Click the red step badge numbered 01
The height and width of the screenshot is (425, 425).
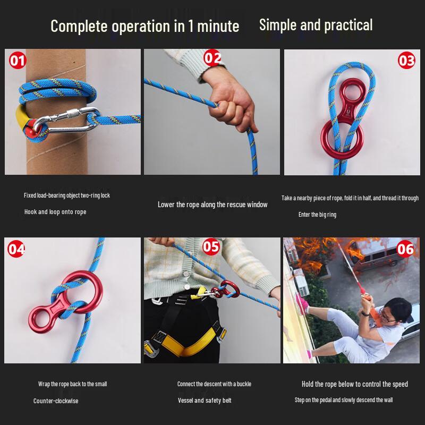coord(18,61)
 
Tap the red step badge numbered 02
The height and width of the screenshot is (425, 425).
coord(212,58)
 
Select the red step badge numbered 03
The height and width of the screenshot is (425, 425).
coord(406,61)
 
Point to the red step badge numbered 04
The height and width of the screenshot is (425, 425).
coord(16,249)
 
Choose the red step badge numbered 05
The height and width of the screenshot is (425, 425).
coord(211,246)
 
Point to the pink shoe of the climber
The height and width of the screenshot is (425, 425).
coord(303,303)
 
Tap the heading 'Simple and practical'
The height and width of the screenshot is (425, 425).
coord(316,25)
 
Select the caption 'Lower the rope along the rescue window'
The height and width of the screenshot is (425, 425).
coord(212,205)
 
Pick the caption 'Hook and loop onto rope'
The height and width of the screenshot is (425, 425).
coord(55,212)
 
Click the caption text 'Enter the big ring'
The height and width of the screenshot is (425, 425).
coord(317,215)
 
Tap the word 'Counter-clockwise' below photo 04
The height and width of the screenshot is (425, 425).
coord(56,401)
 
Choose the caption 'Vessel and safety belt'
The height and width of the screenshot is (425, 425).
coord(205,401)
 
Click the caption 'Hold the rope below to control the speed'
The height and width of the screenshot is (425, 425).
coord(354,384)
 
